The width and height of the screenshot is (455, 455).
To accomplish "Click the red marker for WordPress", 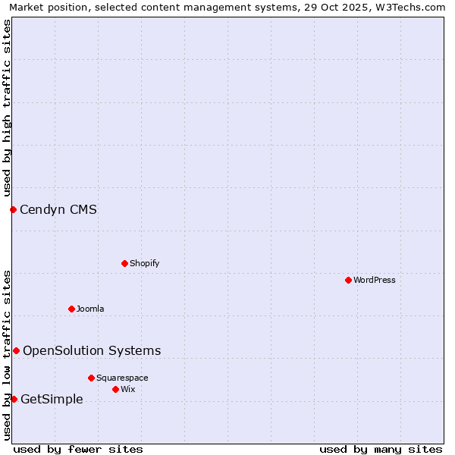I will click(348, 280).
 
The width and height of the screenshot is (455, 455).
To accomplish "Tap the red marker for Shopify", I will click(124, 263).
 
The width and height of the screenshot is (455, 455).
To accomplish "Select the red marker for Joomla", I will click(71, 309).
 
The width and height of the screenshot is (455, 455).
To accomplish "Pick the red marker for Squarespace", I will click(91, 378).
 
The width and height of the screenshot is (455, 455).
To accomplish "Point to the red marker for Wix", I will click(115, 389).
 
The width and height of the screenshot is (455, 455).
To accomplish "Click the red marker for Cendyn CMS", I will click(13, 209).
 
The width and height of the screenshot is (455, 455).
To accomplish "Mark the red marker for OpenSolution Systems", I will click(16, 350).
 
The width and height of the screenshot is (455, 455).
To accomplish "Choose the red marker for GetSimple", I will click(14, 399).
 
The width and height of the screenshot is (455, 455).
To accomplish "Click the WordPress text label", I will click(375, 280).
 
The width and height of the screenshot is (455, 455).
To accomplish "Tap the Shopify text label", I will click(144, 263).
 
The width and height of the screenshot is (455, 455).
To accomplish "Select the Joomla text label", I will click(90, 309).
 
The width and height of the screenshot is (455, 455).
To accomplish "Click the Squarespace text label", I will click(122, 378).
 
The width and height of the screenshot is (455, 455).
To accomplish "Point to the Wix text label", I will click(128, 389).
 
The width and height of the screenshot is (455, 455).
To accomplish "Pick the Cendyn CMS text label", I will click(58, 210).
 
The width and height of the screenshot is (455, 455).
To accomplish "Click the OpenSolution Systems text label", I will click(92, 350).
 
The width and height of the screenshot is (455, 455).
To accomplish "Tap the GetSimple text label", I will click(52, 400).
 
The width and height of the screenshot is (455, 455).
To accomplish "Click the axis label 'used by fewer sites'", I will click(78, 449).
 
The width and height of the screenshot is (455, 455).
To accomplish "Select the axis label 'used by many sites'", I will click(381, 449).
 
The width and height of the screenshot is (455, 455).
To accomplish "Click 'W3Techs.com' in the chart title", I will click(409, 7).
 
